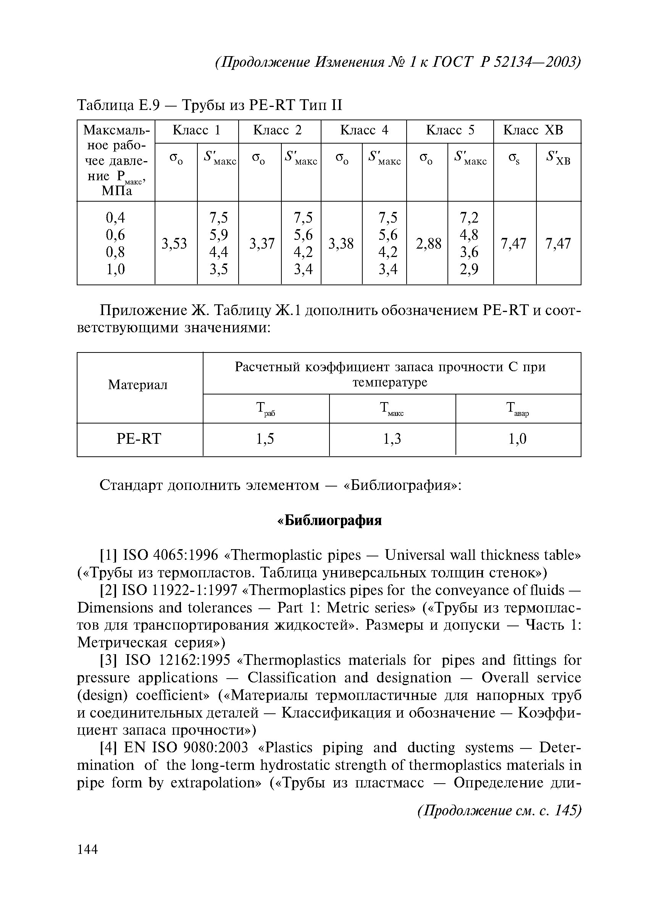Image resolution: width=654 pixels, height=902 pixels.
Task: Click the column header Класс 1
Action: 196,131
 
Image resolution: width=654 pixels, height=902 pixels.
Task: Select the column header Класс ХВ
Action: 533,131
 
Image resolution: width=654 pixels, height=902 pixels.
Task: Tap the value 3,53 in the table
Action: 174,243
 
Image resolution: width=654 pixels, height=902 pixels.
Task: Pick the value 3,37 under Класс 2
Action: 262,243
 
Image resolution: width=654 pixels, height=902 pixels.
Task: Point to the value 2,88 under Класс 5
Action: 428,243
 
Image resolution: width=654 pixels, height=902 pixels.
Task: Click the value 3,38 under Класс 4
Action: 341,243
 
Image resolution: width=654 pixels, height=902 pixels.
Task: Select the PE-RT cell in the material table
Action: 139,439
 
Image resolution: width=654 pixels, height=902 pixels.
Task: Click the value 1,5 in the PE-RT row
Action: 265,439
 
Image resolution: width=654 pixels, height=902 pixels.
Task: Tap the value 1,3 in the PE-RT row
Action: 392,439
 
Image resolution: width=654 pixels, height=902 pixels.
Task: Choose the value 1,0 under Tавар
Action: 518,439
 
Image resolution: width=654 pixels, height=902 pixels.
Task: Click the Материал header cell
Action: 138,385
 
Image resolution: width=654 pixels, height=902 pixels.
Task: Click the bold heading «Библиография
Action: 329,521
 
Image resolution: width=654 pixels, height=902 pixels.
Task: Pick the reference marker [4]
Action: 108,748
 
